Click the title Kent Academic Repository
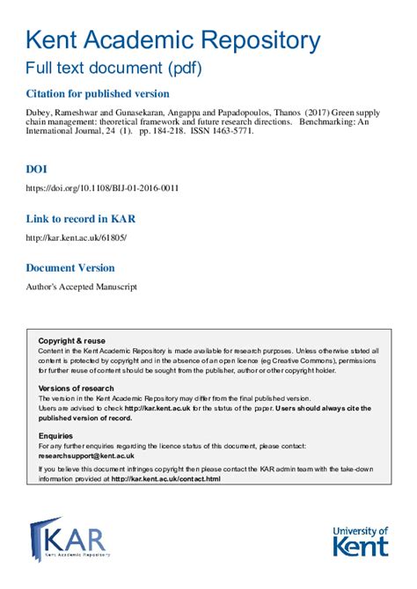pyautogui.click(x=172, y=40)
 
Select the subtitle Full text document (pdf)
pyautogui.click(x=112, y=69)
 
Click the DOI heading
pyautogui.click(x=37, y=168)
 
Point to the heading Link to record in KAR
pyautogui.click(x=80, y=218)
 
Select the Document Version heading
pyautogui.click(x=69, y=267)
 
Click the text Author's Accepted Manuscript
pyautogui.click(x=81, y=287)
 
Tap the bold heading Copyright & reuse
pyautogui.click(x=71, y=340)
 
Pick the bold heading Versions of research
pyautogui.click(x=77, y=388)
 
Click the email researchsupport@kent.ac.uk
pyautogui.click(x=86, y=455)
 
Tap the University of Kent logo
pyautogui.click(x=360, y=540)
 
